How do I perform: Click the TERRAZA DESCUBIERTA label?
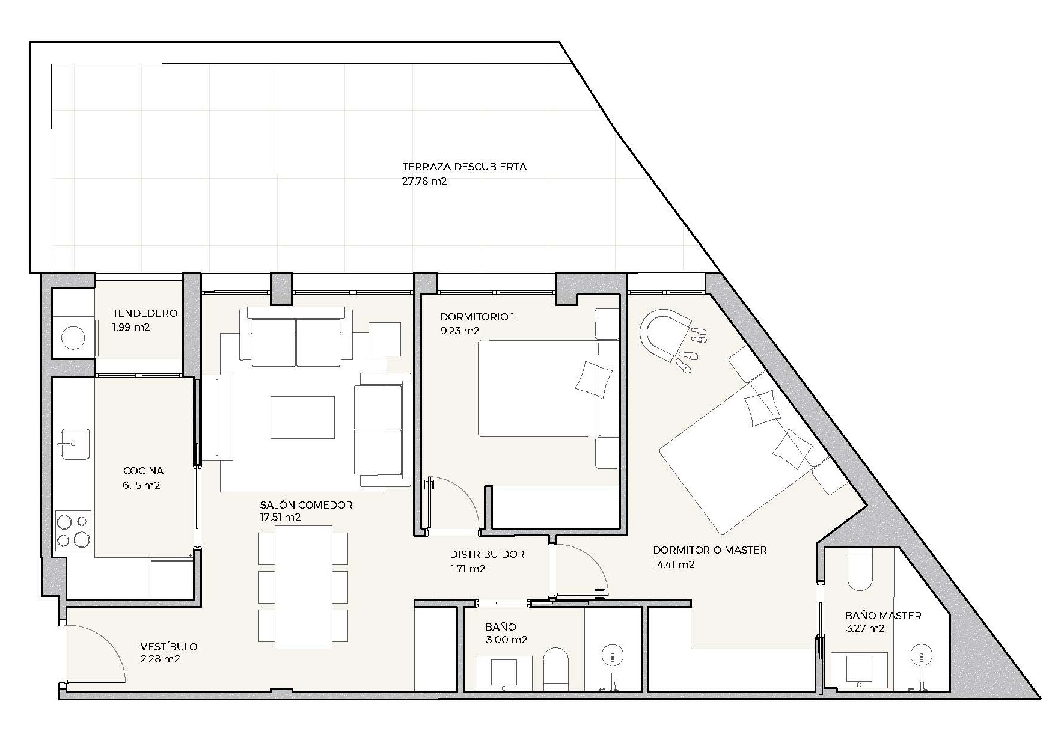(x=464, y=167)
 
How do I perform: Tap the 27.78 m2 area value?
(x=424, y=181)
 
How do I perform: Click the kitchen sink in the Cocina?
(x=75, y=444)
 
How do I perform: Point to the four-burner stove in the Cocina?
(x=73, y=530)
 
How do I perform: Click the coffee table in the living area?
(x=302, y=417)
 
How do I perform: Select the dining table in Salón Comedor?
(x=304, y=587)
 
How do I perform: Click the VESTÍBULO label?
(x=169, y=647)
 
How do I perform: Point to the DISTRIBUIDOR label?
(x=487, y=554)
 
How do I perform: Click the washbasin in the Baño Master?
(x=860, y=670)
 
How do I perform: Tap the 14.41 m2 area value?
(x=673, y=564)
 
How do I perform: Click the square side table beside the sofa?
(x=385, y=339)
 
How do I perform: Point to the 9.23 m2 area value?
(x=460, y=331)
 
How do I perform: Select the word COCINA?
(x=143, y=471)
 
